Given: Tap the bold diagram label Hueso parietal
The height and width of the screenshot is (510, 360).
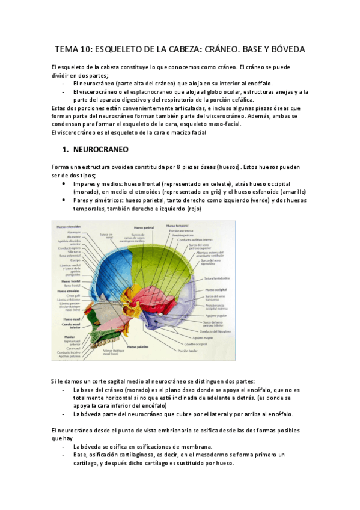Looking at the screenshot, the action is click(x=142, y=227).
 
